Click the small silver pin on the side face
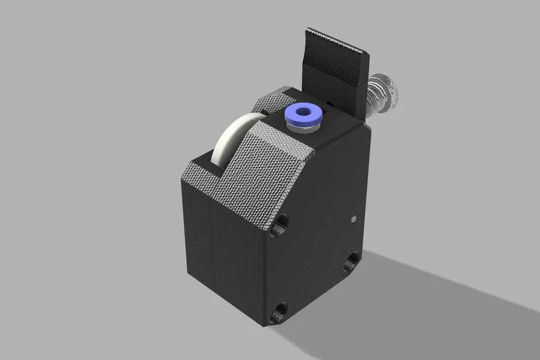click(353, 219)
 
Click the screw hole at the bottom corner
click(279, 312)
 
